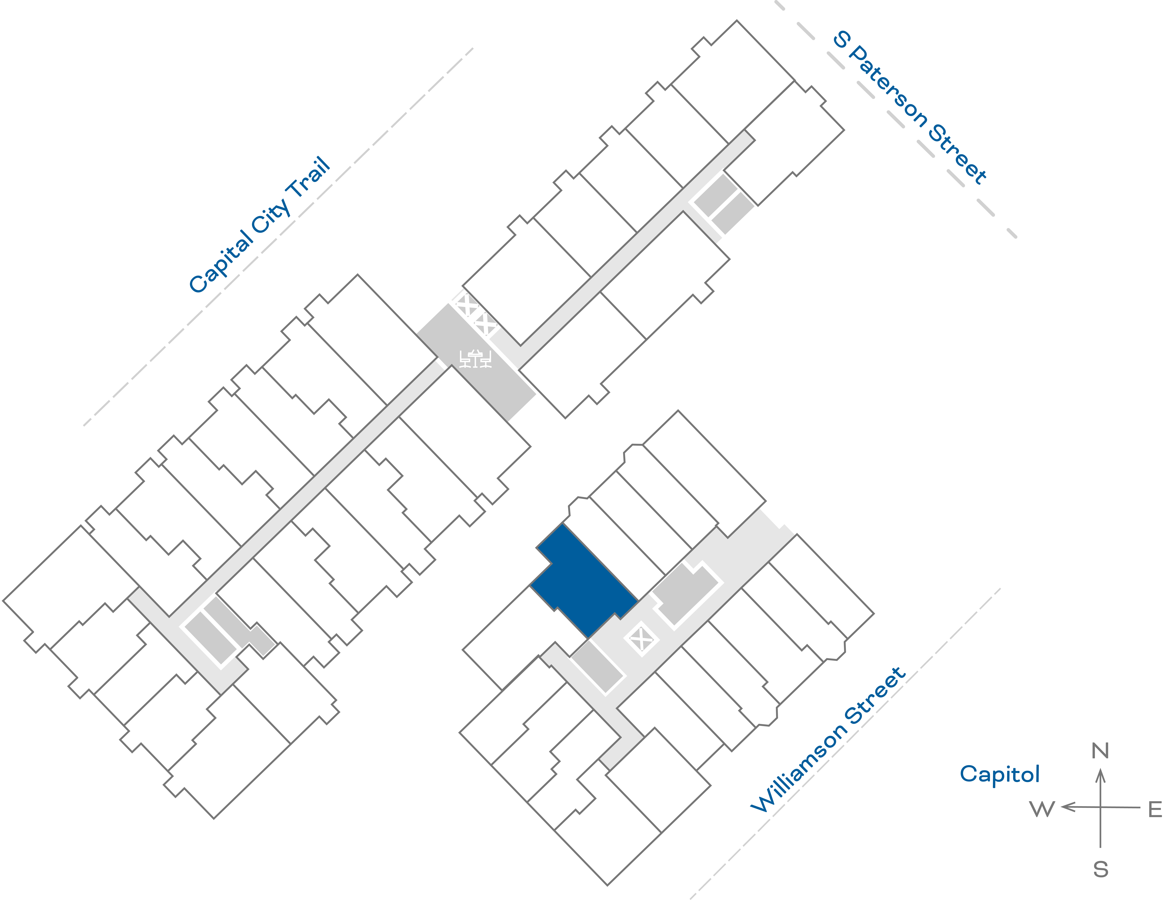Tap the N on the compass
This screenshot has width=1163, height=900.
[x=1100, y=751]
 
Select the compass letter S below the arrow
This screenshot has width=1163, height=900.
[x=1101, y=870]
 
